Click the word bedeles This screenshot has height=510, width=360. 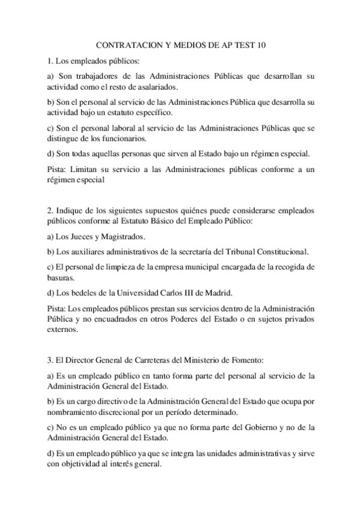[85, 293]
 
